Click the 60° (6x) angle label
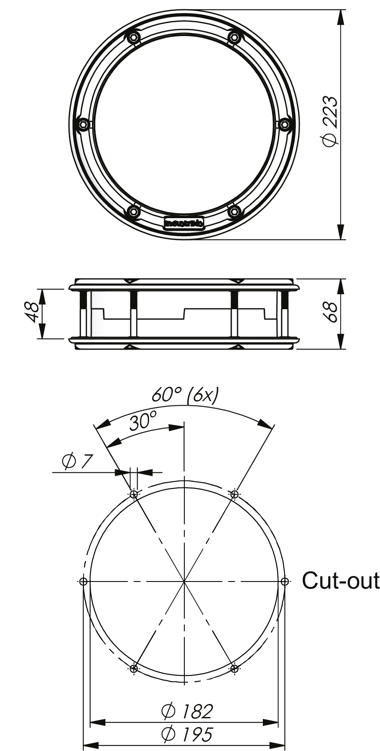click(185, 395)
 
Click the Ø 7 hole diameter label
click(76, 462)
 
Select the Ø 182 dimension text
click(187, 710)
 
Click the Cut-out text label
click(341, 581)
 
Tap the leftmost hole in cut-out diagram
click(83, 581)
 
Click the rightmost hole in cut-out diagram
click(285, 581)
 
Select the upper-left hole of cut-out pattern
click(134, 494)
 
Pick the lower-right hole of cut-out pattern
click(234, 668)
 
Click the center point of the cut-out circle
click(184, 581)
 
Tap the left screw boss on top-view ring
click(83, 125)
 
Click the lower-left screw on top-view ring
click(134, 211)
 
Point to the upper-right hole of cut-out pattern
click(234, 494)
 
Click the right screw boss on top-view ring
click(285, 125)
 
